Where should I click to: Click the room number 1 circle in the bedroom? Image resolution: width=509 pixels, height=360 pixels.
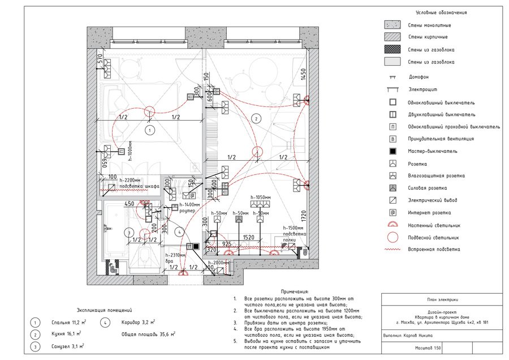150,130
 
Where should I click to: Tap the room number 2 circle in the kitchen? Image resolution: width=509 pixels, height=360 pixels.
256,118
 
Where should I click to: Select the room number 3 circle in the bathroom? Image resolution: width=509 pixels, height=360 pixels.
129,232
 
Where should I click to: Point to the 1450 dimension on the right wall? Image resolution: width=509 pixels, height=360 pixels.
303,74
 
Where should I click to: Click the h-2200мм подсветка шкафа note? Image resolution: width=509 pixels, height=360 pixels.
133,183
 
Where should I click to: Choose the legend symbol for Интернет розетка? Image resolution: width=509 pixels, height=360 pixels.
391,213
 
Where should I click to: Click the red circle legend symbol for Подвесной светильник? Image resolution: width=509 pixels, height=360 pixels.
391,238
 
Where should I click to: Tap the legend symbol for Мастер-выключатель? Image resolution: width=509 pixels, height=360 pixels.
391,151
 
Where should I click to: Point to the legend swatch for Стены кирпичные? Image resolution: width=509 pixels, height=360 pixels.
391,37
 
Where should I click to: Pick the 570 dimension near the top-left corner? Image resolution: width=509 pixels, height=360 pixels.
100,59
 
